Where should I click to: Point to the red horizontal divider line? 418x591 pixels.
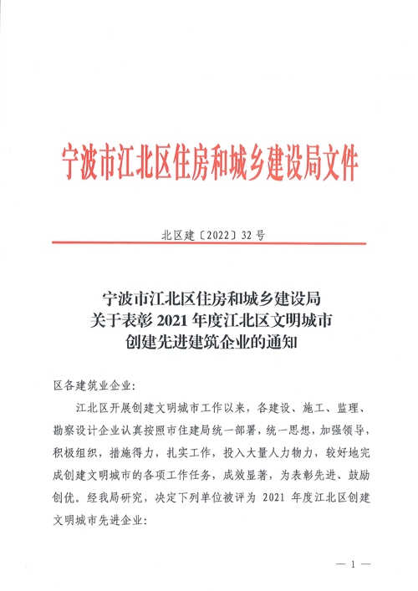209,244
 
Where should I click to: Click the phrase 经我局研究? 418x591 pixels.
109,502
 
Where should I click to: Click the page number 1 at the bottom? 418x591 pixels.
354,564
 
